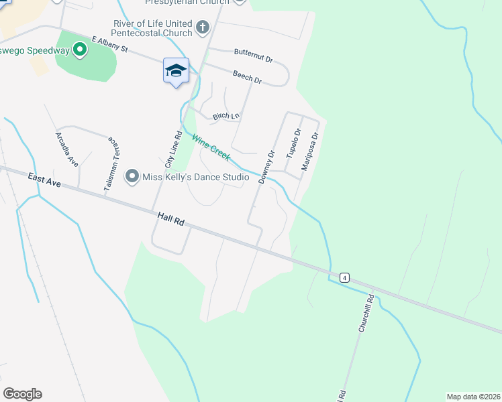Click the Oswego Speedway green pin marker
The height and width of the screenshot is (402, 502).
(80, 49)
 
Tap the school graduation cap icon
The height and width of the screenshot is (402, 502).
(176, 70)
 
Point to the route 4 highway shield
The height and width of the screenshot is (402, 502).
(344, 277)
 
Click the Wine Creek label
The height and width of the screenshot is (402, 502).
(211, 147)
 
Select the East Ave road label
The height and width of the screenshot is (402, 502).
(44, 180)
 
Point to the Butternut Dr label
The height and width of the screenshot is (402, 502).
(253, 54)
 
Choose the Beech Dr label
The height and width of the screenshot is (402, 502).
(247, 77)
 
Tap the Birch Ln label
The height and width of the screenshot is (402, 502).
(226, 117)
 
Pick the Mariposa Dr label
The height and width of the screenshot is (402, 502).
(309, 151)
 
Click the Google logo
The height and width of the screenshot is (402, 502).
(22, 394)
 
